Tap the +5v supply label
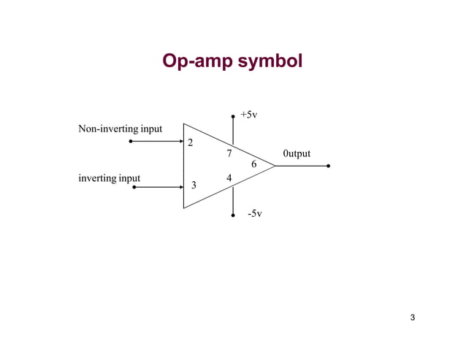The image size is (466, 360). tap(249, 115)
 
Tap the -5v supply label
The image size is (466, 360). tap(253, 214)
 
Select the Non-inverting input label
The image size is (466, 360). tap(120, 129)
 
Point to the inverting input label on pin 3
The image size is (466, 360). tap(109, 178)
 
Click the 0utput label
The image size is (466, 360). tap(297, 153)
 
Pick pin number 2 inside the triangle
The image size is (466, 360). tap(191, 142)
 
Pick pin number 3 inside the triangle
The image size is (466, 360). tap(194, 185)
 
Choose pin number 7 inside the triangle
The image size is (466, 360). tap(229, 154)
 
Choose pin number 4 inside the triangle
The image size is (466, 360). tap(229, 177)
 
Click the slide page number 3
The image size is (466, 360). tap(413, 317)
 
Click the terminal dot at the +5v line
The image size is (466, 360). tap(232, 115)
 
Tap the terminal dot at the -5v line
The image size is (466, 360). tap(232, 215)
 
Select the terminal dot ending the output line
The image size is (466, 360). tap(329, 166)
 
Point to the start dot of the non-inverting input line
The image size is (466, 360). tap(131, 142)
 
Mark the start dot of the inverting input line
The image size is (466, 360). tap(134, 188)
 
